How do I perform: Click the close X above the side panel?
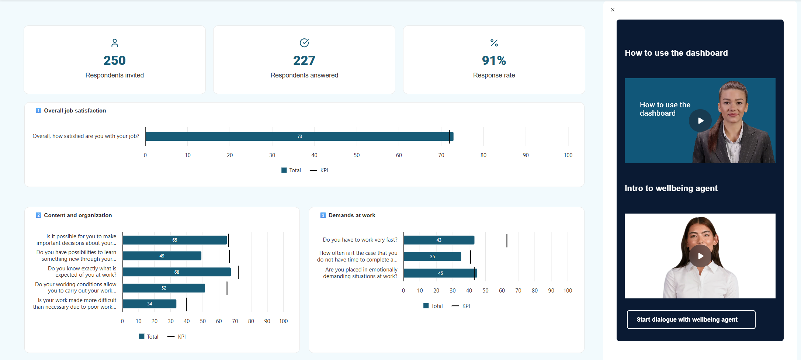[x=613, y=10]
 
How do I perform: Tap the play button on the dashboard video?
[x=700, y=121]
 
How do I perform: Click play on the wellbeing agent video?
[x=700, y=256]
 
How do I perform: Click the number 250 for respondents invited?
[x=114, y=60]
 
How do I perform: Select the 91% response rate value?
[x=494, y=60]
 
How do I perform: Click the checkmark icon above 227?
[x=304, y=43]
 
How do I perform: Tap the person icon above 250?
[x=115, y=43]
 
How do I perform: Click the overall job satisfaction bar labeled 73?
[x=299, y=136]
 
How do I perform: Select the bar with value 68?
[x=176, y=272]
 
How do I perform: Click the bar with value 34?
[x=149, y=304]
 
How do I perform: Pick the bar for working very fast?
[x=438, y=240]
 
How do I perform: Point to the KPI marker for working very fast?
[x=507, y=240]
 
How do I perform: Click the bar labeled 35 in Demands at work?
[x=432, y=257]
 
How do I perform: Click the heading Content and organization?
[x=78, y=215]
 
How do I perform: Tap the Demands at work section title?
[x=351, y=215]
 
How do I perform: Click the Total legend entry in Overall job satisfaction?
[x=291, y=170]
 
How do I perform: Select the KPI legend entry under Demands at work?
[x=461, y=306]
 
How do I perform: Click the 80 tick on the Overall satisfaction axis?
[x=483, y=155]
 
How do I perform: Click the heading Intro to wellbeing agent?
[x=671, y=188]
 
